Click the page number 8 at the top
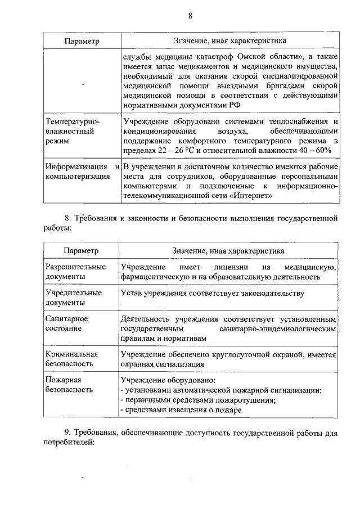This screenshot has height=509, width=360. [x=190, y=16]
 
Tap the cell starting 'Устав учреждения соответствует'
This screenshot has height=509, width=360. [x=212, y=293]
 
